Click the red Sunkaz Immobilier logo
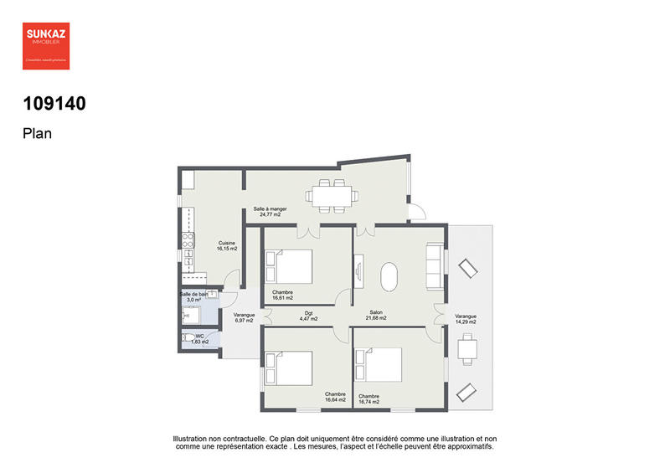click(46, 44)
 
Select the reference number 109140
click(54, 104)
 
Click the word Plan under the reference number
click(38, 132)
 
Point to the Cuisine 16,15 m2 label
click(227, 245)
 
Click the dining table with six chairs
click(332, 196)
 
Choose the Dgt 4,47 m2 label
click(309, 316)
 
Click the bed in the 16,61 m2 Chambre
click(289, 267)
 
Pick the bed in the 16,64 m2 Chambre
click(289, 368)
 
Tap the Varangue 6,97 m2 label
click(244, 318)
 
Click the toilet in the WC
click(188, 339)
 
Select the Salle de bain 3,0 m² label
click(193, 297)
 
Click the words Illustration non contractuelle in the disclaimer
click(219, 438)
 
